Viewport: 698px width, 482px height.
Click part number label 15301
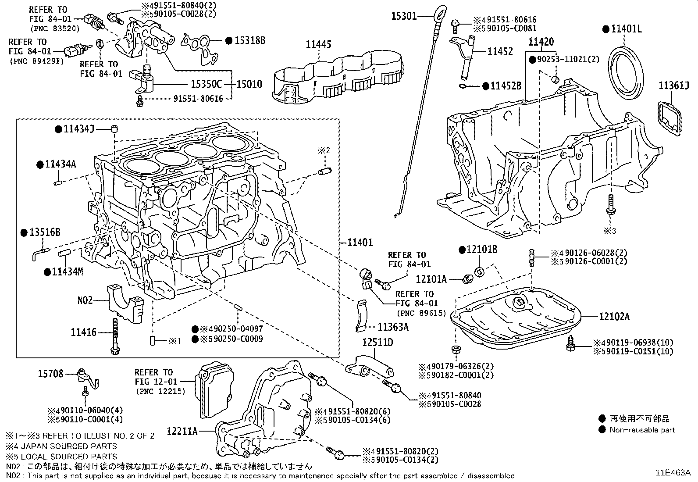coord(404,17)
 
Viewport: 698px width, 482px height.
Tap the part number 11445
coord(319,44)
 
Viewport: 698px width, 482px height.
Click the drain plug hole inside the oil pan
coord(520,302)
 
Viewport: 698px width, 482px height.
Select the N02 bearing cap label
coord(85,300)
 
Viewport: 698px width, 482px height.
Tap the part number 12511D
coord(377,343)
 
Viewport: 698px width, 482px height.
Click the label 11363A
coord(393,326)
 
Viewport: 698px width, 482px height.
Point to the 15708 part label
coord(50,374)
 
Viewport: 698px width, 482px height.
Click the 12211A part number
coord(182,432)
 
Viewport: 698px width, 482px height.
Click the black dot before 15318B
coord(228,40)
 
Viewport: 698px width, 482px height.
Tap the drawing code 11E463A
coord(673,473)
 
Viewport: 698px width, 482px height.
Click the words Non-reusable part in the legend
coord(642,430)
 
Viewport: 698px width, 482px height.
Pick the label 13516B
coord(45,232)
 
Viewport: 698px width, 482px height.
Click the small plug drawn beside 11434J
coord(115,129)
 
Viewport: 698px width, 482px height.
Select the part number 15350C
coord(206,84)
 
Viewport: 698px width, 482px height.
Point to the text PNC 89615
coord(421,313)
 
